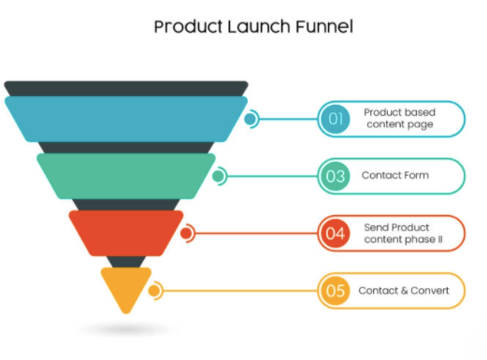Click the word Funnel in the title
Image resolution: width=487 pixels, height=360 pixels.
(x=324, y=26)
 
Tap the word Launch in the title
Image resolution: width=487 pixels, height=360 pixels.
(x=258, y=26)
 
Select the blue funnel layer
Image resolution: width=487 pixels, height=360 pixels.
(x=126, y=119)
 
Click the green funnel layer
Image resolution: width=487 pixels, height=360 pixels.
(x=126, y=176)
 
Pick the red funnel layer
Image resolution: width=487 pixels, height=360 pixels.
(x=126, y=233)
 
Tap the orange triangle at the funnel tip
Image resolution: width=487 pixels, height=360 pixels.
(x=126, y=287)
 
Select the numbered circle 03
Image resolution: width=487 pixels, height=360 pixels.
(x=336, y=176)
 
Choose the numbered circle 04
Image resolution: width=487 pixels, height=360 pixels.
(x=336, y=233)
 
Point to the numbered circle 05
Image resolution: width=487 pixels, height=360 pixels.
(x=336, y=291)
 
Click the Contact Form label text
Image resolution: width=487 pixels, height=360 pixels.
(x=395, y=175)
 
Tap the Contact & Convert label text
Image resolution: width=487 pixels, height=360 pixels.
(x=404, y=291)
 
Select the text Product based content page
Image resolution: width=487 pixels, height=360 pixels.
(x=400, y=119)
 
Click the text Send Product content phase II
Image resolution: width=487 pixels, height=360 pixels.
(x=403, y=234)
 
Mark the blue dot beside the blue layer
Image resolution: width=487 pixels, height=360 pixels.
(x=250, y=119)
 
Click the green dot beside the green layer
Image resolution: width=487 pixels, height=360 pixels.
(x=218, y=176)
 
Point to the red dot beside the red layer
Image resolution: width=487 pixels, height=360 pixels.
(x=186, y=233)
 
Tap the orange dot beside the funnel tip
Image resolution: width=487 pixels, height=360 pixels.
(x=154, y=291)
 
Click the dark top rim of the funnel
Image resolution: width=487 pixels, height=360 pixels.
(x=126, y=89)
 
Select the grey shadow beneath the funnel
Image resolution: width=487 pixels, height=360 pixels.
(x=126, y=329)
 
